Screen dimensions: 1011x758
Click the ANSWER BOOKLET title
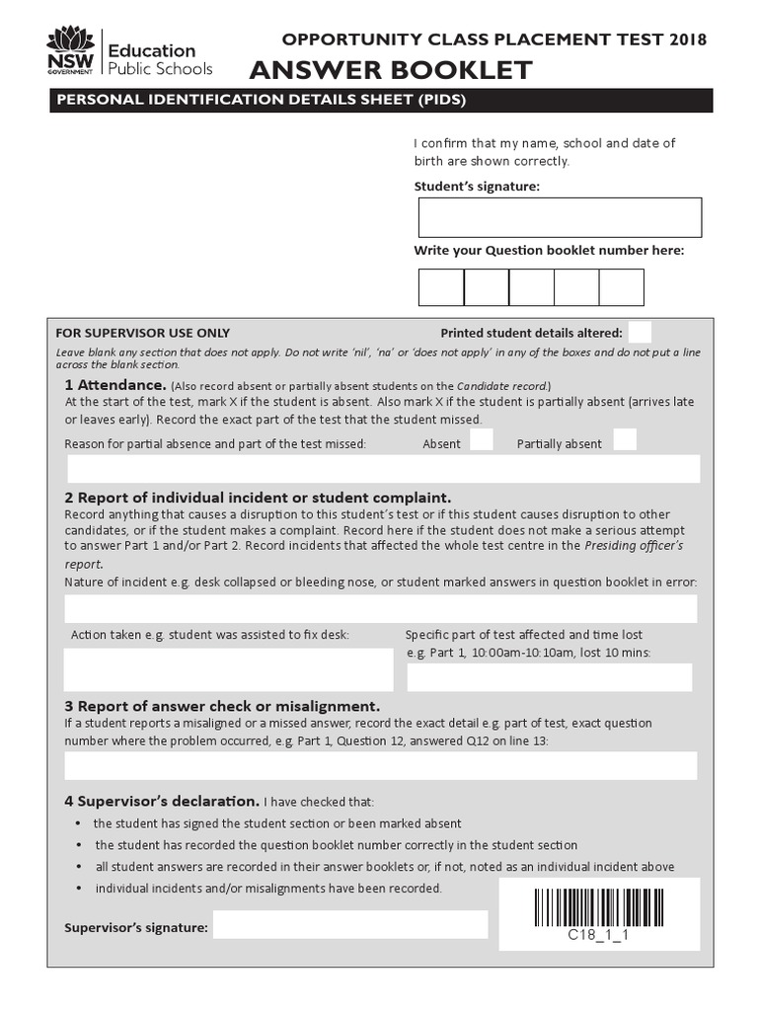(391, 70)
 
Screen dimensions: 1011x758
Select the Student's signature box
(560, 217)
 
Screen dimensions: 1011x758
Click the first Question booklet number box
(441, 287)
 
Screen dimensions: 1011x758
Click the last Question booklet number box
(621, 287)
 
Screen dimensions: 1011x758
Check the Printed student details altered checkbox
(640, 332)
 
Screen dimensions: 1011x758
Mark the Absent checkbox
(482, 440)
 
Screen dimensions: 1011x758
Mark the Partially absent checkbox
(625, 440)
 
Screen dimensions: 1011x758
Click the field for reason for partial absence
(383, 469)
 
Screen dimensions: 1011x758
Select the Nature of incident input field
(381, 608)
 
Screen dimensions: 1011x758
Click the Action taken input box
(228, 669)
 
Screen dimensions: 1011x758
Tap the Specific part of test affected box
(550, 677)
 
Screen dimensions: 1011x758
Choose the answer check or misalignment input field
(381, 765)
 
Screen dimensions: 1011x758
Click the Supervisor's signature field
(350, 925)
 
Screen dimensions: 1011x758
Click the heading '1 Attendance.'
(115, 384)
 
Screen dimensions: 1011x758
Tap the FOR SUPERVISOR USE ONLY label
(143, 333)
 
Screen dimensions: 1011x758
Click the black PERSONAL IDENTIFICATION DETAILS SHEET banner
(381, 100)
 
